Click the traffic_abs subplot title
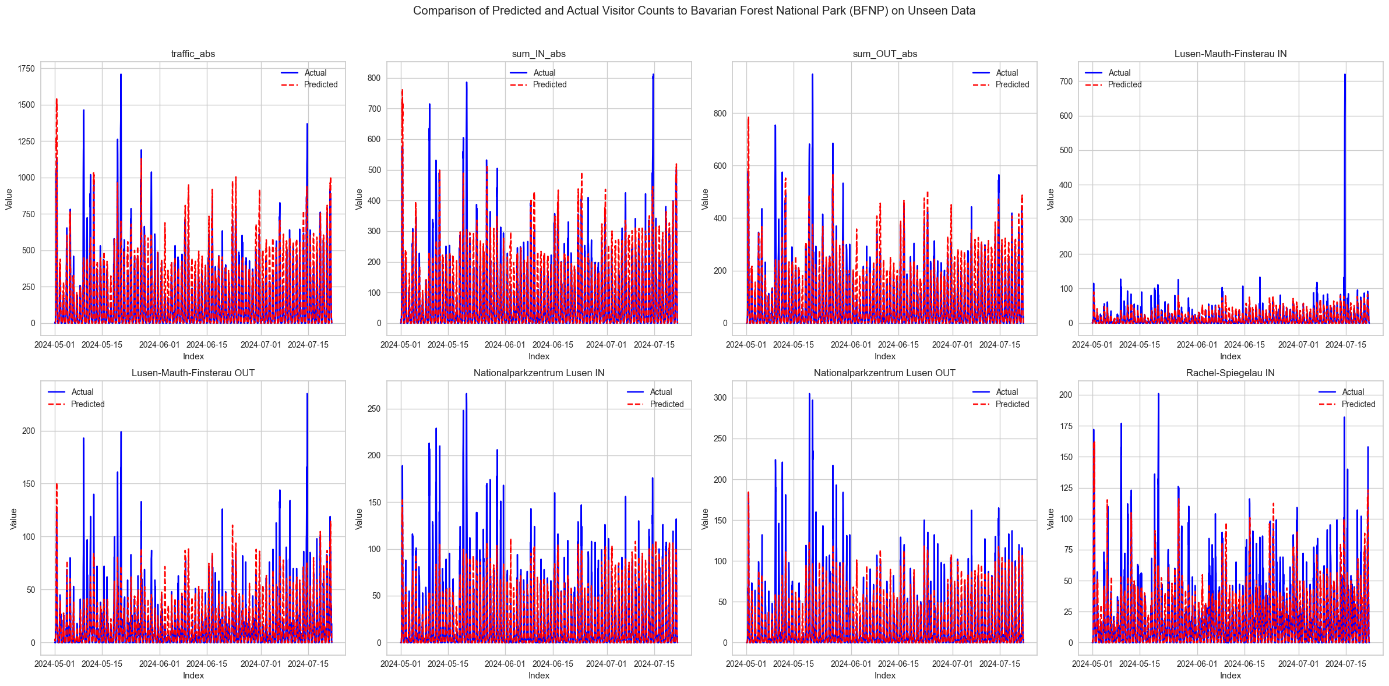click(x=193, y=54)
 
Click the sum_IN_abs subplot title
click(x=538, y=54)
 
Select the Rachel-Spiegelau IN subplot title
click(x=1230, y=373)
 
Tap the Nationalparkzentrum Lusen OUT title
click(x=884, y=373)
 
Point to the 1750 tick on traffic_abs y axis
click(x=27, y=69)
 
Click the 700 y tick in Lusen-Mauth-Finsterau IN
click(x=1066, y=82)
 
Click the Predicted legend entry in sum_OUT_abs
click(x=1011, y=84)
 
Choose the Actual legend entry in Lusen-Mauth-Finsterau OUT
click(x=82, y=392)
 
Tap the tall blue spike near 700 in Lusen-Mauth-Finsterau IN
click(x=1345, y=76)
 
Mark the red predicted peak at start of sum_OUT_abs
click(x=748, y=118)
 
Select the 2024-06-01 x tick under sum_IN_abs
click(x=505, y=345)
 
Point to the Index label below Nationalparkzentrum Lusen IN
click(x=538, y=676)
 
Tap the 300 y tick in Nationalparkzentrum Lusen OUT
click(x=721, y=398)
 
